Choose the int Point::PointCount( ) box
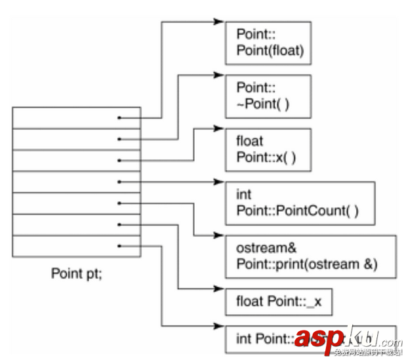click(x=300, y=203)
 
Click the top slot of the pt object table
click(x=76, y=118)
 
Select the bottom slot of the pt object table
click(x=76, y=247)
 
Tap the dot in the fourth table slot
click(x=119, y=182)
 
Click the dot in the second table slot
click(x=119, y=139)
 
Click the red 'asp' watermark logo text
click(x=318, y=338)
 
